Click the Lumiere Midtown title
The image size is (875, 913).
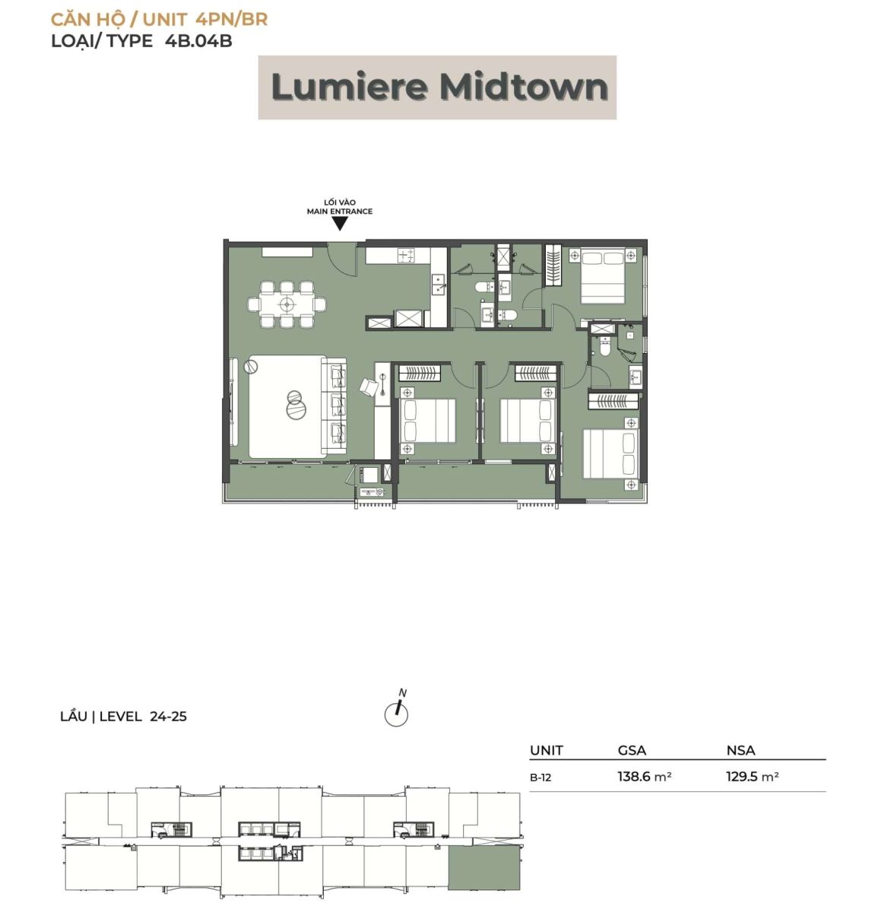coord(439,87)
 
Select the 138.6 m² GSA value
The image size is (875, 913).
coord(645,776)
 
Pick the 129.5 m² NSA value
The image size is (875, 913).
coord(752,776)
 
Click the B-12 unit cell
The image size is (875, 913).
coord(541,777)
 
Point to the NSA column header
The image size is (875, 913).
coord(740,750)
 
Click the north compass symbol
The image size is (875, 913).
coord(397,709)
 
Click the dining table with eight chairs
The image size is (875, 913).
coord(287,304)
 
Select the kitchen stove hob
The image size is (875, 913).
coord(405,255)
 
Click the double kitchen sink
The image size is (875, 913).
coord(439,284)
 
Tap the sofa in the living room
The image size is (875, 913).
coord(334,406)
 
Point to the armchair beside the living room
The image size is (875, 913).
coord(369,387)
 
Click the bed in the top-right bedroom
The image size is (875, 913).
coord(602,277)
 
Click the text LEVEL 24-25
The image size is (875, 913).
coord(143,717)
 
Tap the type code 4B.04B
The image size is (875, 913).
coord(198,41)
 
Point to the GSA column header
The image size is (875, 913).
coord(632,750)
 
